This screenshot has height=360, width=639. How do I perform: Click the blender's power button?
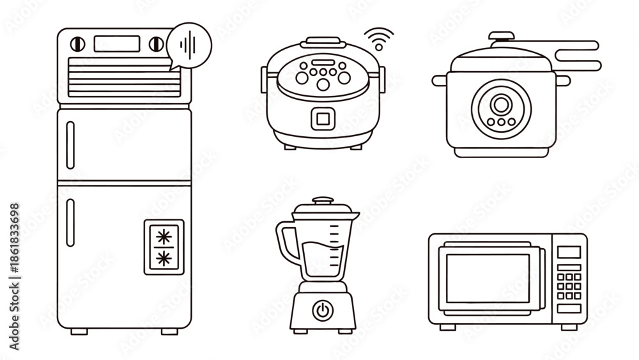pos(322,311)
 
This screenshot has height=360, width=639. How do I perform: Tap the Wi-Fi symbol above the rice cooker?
pos(379,40)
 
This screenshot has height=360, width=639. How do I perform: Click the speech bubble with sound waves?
pos(189,46)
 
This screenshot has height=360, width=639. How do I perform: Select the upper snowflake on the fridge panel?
pos(164,237)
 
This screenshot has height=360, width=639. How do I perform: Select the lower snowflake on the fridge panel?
pos(164,258)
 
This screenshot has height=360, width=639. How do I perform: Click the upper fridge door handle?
pos(70,145)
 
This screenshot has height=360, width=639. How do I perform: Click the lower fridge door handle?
pos(70,223)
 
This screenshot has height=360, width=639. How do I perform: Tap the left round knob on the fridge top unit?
pos(77,44)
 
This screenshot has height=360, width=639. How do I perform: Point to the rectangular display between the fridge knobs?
pos(117,44)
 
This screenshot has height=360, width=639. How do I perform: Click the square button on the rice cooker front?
pos(323,119)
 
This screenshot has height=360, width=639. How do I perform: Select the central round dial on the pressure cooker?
pos(501,104)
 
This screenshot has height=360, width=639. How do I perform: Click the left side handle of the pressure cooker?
pos(440,81)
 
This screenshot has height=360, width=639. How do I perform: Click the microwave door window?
pos(488,278)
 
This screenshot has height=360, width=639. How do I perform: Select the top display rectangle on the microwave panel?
pos(569,252)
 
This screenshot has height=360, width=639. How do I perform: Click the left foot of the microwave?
pos(447,327)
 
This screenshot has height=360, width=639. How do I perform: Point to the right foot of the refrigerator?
pos(169,331)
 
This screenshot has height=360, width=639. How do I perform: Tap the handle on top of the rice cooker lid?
pos(323,41)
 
